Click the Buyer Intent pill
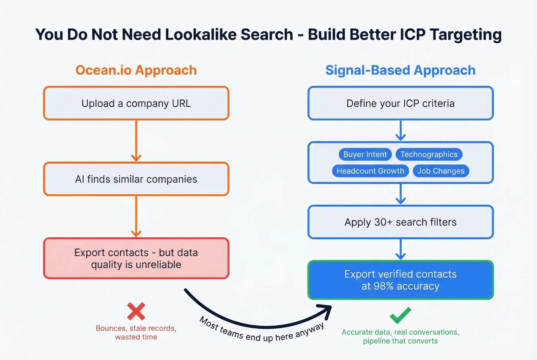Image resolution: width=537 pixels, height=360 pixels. (x=365, y=155)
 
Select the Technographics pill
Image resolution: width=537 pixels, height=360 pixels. (x=429, y=155)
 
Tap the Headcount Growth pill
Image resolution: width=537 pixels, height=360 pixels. (x=370, y=171)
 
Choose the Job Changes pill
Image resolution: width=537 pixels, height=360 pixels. (x=441, y=171)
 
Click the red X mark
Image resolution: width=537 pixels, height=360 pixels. (x=136, y=311)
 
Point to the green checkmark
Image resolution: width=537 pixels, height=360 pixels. (x=400, y=316)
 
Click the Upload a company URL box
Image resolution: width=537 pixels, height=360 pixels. (x=136, y=104)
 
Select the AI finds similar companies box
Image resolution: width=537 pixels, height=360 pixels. (x=136, y=179)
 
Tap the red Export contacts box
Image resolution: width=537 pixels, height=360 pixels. (x=136, y=258)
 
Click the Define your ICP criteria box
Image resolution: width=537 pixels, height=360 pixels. (x=400, y=104)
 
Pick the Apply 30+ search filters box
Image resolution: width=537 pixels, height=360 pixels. (x=400, y=222)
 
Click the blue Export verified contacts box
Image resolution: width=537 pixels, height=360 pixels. (x=400, y=280)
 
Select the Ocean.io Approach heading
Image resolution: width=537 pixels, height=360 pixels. (x=136, y=70)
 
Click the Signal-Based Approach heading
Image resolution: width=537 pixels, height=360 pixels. (x=400, y=70)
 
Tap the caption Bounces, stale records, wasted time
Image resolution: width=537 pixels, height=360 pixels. (x=136, y=333)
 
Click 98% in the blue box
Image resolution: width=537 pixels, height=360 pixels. (x=384, y=286)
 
